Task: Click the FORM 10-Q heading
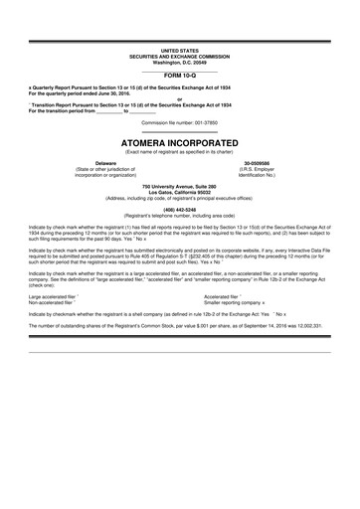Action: click(180, 75)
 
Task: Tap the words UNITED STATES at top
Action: click(180, 50)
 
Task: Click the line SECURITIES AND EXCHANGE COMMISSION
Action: click(180, 56)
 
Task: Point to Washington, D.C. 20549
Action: click(180, 62)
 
